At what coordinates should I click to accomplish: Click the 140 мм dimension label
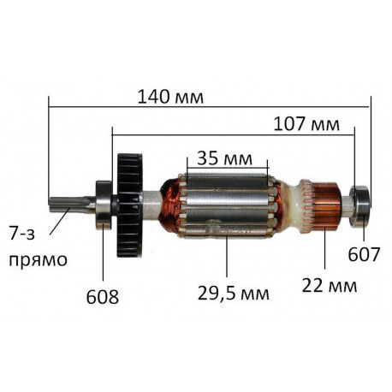(x=170, y=97)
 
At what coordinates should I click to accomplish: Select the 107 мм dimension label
(x=306, y=124)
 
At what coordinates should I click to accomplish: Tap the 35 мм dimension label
(x=224, y=158)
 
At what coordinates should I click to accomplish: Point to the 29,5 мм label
(x=234, y=293)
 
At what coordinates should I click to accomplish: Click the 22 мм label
(x=330, y=286)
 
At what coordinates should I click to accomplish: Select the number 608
(x=103, y=297)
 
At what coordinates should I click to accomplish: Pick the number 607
(x=364, y=254)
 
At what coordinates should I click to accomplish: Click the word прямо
(x=38, y=260)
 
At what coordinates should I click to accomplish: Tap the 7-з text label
(x=22, y=234)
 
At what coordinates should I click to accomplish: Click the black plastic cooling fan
(x=129, y=205)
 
